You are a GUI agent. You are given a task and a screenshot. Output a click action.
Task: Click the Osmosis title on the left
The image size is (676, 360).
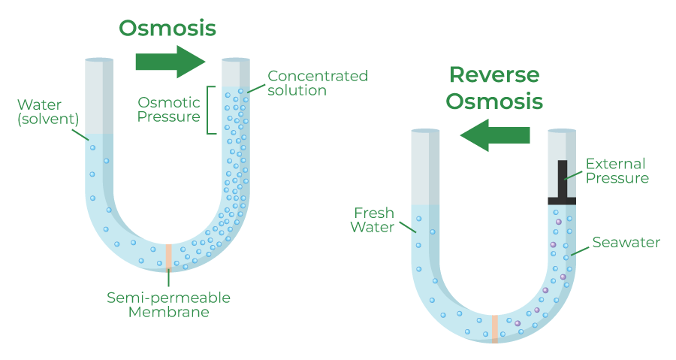(167, 28)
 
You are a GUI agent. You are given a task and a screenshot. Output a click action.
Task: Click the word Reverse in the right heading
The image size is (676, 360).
(493, 74)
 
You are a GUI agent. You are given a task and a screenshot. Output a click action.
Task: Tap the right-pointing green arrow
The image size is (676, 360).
(170, 62)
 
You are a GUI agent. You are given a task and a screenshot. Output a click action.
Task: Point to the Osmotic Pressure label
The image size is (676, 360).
(169, 110)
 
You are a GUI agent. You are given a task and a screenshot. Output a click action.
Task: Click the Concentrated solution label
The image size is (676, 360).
(318, 83)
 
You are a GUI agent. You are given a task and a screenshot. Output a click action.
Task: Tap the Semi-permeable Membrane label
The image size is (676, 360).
(168, 304)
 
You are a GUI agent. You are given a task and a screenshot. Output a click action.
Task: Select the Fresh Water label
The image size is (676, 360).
(373, 219)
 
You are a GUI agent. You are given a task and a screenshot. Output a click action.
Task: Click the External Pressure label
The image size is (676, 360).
(617, 171)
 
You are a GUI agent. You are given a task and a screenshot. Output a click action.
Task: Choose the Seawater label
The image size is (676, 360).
(626, 243)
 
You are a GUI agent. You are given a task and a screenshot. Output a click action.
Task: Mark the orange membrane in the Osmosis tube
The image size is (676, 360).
(168, 256)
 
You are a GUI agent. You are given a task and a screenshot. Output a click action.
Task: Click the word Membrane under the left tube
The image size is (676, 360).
(168, 312)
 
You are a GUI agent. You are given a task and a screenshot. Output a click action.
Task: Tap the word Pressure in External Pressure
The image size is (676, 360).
(617, 178)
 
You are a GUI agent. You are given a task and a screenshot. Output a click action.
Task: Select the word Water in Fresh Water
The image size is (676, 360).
(373, 227)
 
